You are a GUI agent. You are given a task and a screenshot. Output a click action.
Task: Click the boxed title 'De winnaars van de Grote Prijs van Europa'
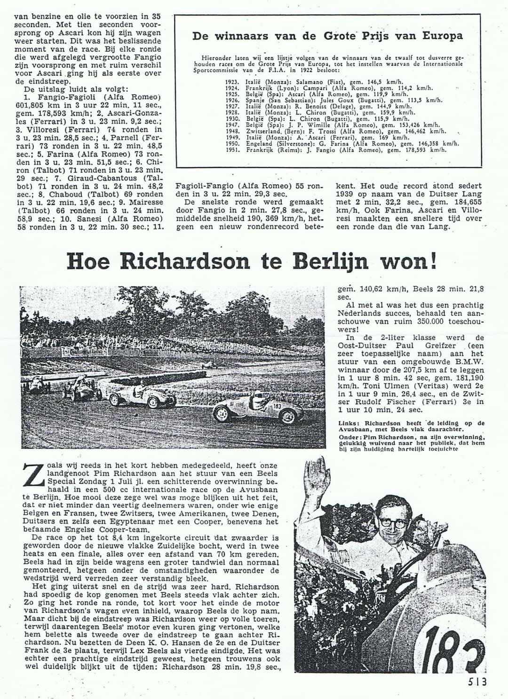328,36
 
